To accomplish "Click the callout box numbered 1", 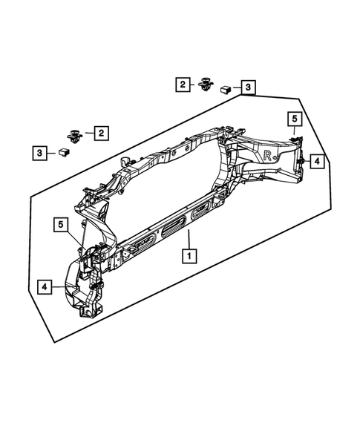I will click(190, 256).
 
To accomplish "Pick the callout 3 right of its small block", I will click(248, 88).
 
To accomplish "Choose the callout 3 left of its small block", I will click(39, 153).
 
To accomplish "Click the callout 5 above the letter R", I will click(294, 119).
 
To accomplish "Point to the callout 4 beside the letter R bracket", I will click(315, 160).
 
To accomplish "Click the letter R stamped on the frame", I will click(269, 155).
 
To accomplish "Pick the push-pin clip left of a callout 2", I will click(74, 134).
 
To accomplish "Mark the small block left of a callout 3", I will click(223, 89).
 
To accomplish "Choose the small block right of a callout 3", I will click(64, 152).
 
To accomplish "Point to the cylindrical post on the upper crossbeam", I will click(125, 162).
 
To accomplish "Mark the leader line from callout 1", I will click(190, 241).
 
